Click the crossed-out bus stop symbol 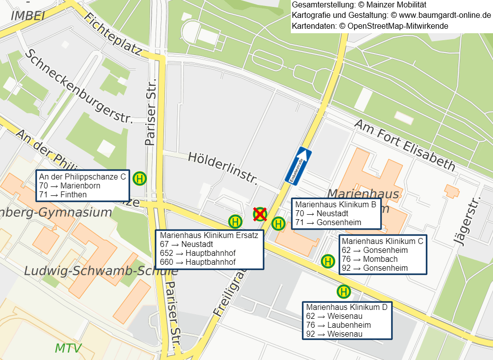pyautogui.click(x=260, y=214)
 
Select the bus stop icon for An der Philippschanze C pyautogui.click(x=140, y=179)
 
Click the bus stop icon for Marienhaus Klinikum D pyautogui.click(x=343, y=292)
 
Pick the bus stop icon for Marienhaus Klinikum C pyautogui.click(x=328, y=261)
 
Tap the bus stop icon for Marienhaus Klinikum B pyautogui.click(x=278, y=224)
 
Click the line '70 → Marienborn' pyautogui.click(x=70, y=186)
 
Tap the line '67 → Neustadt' pyautogui.click(x=187, y=244)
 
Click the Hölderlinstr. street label pyautogui.click(x=223, y=168)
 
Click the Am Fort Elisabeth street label pyautogui.click(x=404, y=145)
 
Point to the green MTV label pyautogui.click(x=68, y=348)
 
